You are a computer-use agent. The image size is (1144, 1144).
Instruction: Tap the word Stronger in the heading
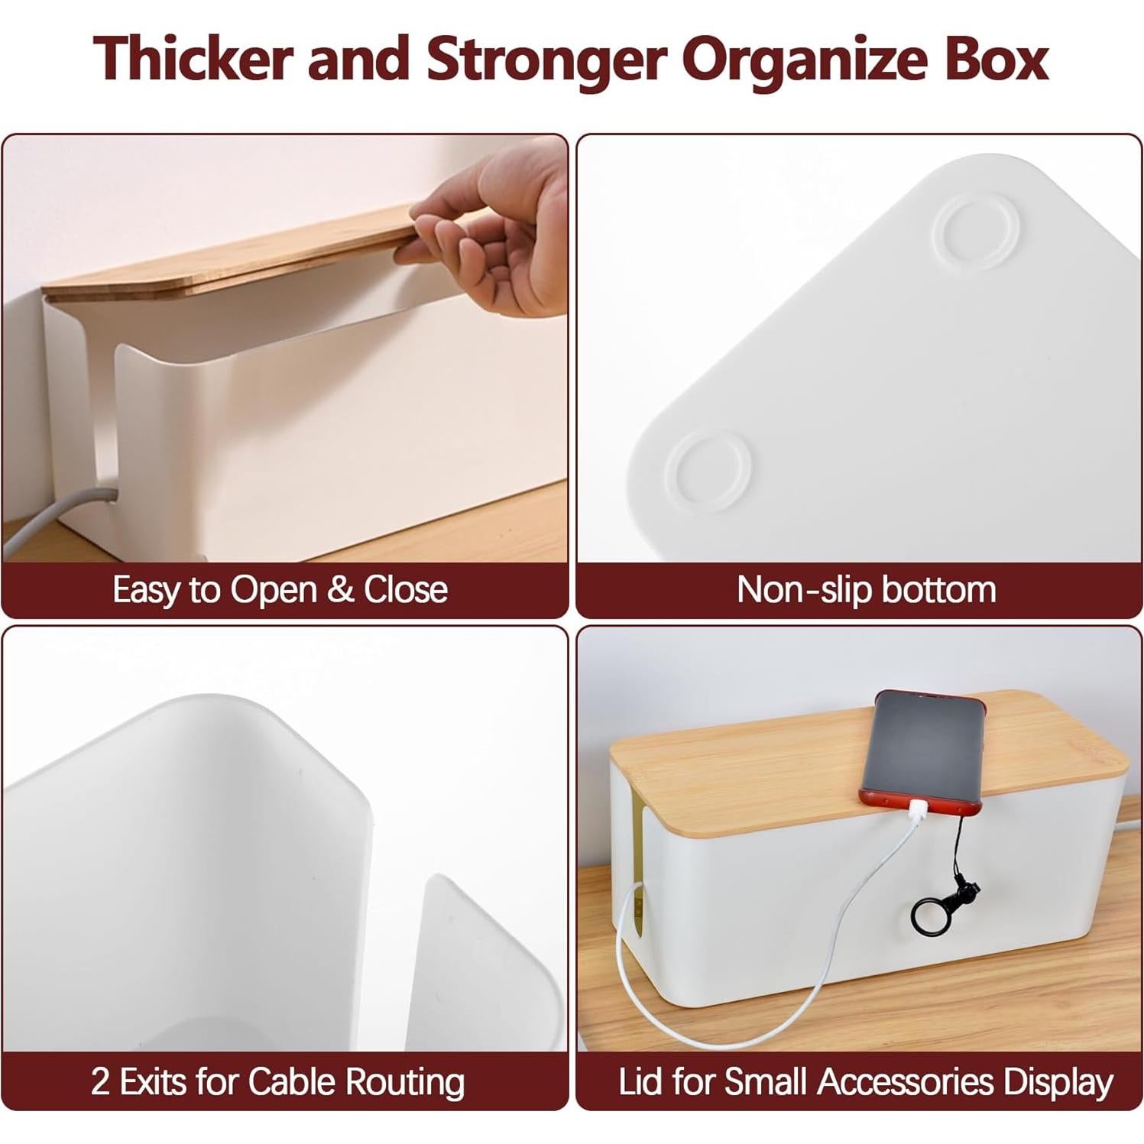point(546,60)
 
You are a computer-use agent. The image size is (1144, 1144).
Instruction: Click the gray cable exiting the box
point(53,520)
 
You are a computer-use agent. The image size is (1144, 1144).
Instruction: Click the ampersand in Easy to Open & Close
point(342,590)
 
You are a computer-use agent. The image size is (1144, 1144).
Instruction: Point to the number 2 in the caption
point(100,1082)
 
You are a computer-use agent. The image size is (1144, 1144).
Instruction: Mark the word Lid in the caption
point(640,1082)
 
